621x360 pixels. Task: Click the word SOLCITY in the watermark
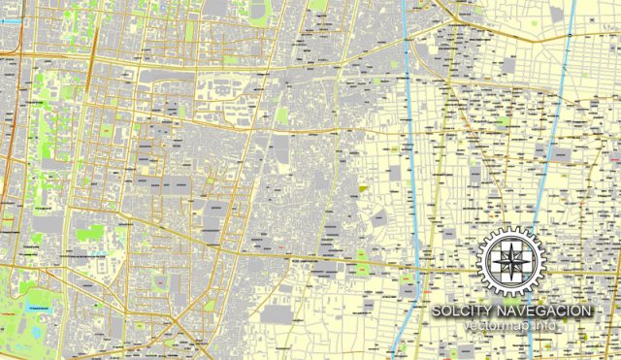464,310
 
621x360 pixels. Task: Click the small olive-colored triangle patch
363,185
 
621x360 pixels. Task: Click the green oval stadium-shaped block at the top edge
317,3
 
